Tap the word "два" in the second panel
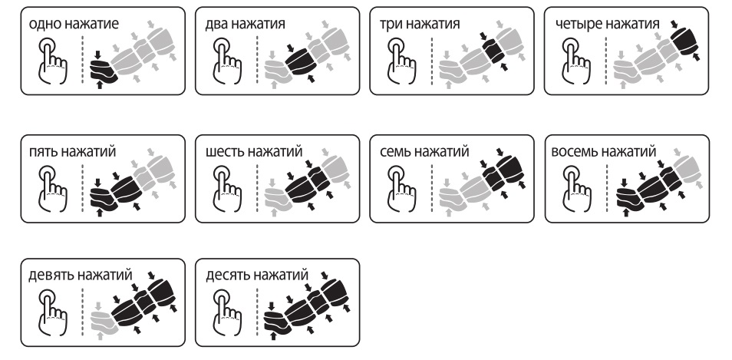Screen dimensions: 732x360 click(216, 24)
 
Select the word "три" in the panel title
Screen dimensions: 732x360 click(389, 24)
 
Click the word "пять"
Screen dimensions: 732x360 click(42, 152)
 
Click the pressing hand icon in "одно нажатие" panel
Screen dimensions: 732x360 click(51, 61)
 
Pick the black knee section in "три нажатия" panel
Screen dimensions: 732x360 click(494, 51)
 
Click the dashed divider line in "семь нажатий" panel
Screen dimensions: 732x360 click(431, 188)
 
